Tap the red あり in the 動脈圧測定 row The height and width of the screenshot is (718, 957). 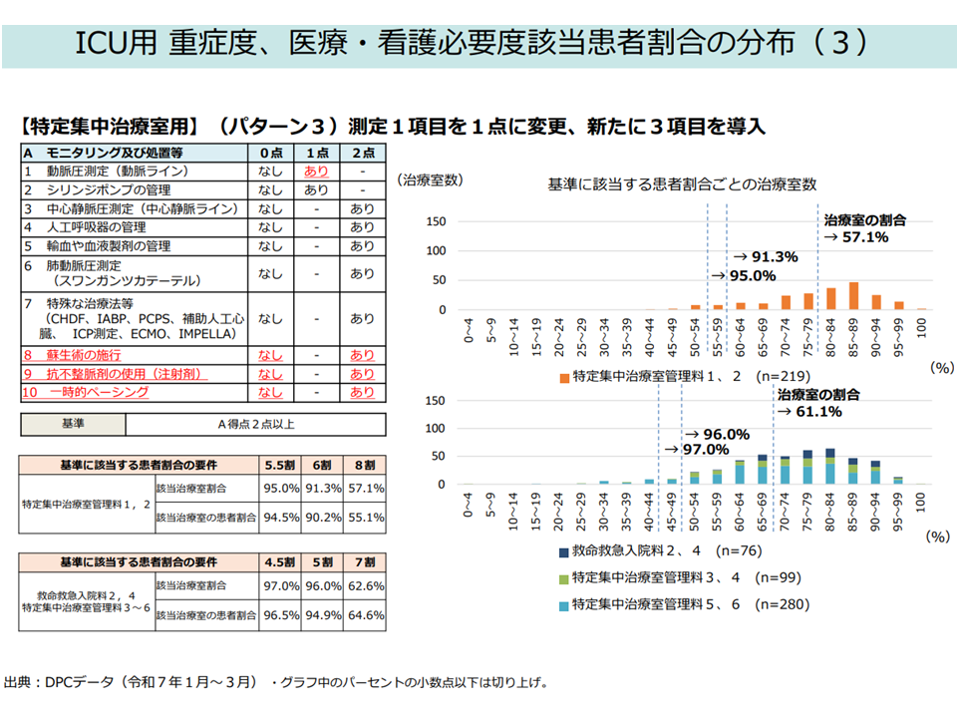[x=316, y=172]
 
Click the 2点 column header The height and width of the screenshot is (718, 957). [x=362, y=153]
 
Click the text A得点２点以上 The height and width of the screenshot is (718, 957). [x=256, y=424]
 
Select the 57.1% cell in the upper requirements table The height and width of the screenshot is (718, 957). [x=365, y=489]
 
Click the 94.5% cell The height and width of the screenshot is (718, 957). [x=281, y=518]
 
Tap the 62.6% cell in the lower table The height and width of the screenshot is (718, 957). [x=365, y=586]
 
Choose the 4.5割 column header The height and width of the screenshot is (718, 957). [x=281, y=561]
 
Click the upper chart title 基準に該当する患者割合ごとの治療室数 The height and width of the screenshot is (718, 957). [x=683, y=184]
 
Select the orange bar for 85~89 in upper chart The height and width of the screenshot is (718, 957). [x=853, y=296]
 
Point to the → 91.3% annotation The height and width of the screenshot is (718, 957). [x=767, y=256]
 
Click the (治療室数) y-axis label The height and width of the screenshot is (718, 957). [x=430, y=180]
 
